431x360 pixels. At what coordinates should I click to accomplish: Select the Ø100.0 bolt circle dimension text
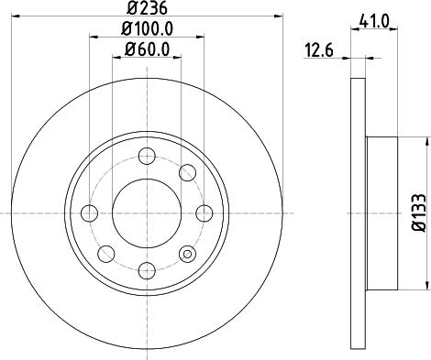pos(146,29)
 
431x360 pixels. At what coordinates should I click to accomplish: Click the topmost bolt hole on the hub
pos(146,157)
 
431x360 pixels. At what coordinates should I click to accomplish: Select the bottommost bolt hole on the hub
pos(146,269)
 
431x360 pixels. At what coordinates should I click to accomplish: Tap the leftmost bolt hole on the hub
pos(89,213)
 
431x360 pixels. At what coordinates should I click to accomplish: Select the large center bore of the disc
pos(146,213)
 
